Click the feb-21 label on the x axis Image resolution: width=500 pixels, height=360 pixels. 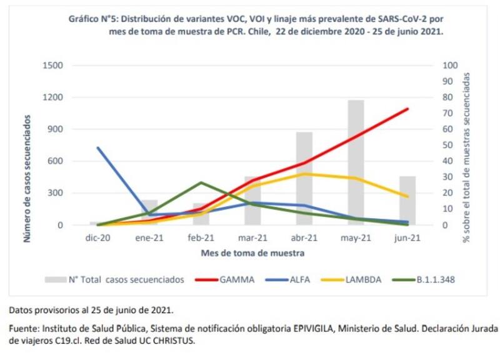pos(201,238)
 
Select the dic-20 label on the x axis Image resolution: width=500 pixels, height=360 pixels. pos(97,238)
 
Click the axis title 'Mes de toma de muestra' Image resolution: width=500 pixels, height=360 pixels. pos(252,254)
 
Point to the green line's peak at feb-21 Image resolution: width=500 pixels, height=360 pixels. pos(201,182)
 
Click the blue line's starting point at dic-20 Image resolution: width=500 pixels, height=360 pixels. pos(98,147)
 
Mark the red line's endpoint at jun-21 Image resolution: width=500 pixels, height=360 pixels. pos(408,109)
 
